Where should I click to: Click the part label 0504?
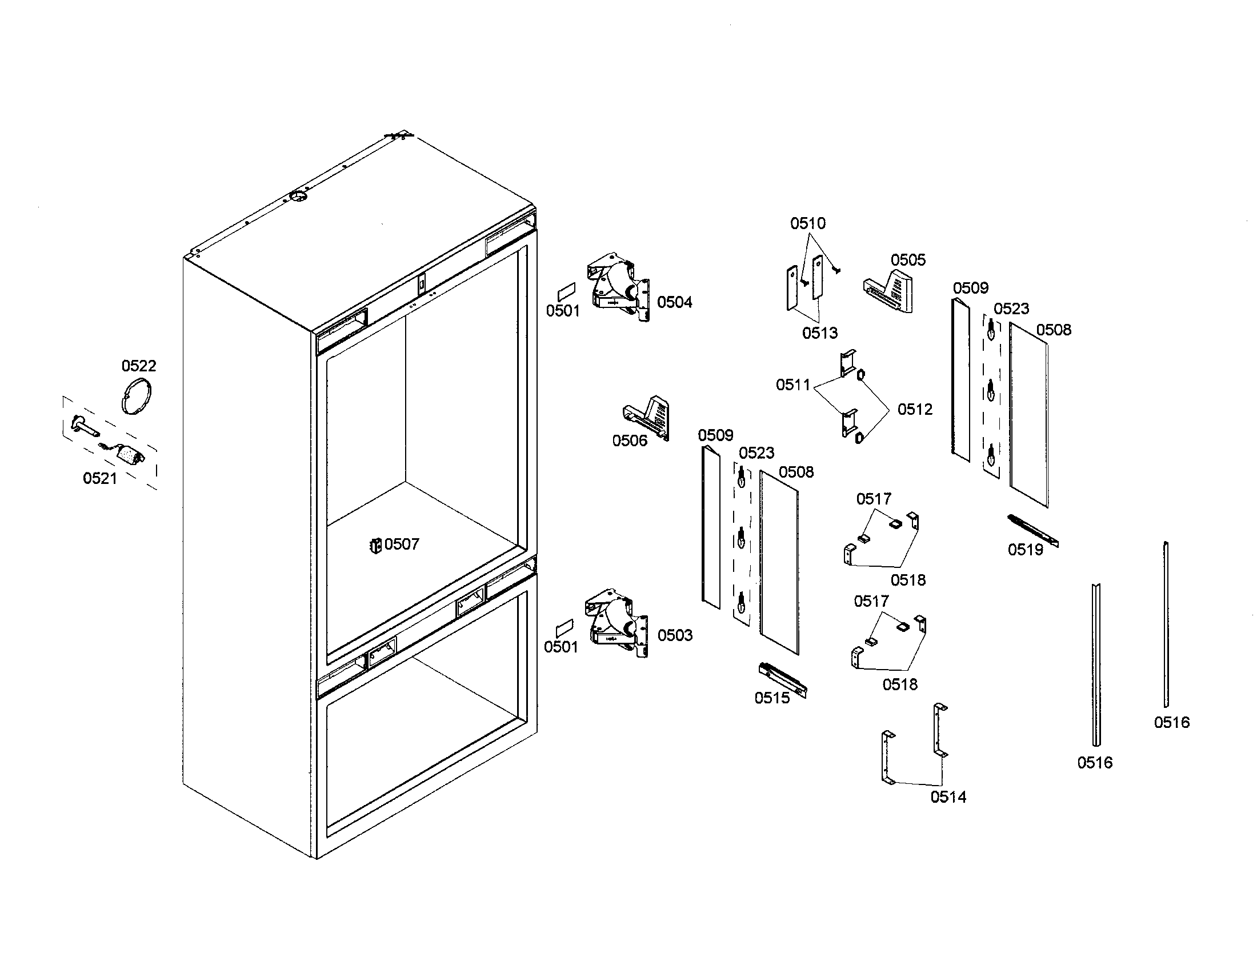point(675,302)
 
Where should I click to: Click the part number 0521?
point(99,478)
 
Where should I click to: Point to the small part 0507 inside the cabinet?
point(375,545)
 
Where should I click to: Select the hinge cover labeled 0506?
point(647,418)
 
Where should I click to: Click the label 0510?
point(807,223)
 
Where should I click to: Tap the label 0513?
point(819,333)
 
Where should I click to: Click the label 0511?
point(792,385)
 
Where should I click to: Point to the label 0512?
point(915,409)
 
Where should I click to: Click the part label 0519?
point(1025,550)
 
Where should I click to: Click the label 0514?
point(948,796)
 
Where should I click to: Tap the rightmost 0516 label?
point(1171,722)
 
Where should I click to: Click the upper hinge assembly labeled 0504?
point(617,287)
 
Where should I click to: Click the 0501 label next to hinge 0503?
point(561,647)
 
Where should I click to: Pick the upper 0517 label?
point(873,498)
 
